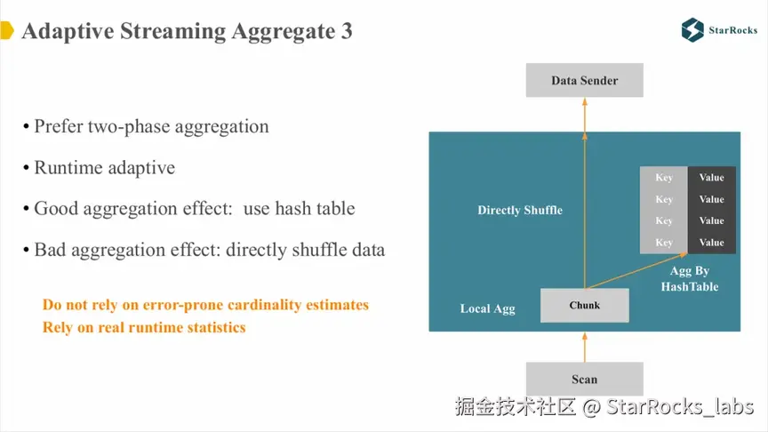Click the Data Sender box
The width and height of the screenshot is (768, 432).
click(584, 80)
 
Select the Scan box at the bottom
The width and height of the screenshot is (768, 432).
click(584, 379)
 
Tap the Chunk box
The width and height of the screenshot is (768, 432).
click(584, 305)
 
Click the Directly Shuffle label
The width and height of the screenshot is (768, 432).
click(520, 210)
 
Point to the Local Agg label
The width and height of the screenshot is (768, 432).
click(487, 308)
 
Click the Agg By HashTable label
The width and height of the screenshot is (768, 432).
click(690, 279)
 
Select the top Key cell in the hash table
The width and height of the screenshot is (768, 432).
click(664, 177)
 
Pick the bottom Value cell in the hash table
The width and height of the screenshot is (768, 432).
click(711, 243)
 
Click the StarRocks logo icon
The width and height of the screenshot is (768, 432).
click(692, 30)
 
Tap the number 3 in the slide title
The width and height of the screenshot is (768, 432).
click(347, 31)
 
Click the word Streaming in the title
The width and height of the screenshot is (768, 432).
click(173, 32)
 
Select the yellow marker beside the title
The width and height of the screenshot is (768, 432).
click(7, 30)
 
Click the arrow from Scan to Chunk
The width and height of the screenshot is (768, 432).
click(584, 347)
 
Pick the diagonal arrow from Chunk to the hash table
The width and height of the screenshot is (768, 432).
click(636, 270)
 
